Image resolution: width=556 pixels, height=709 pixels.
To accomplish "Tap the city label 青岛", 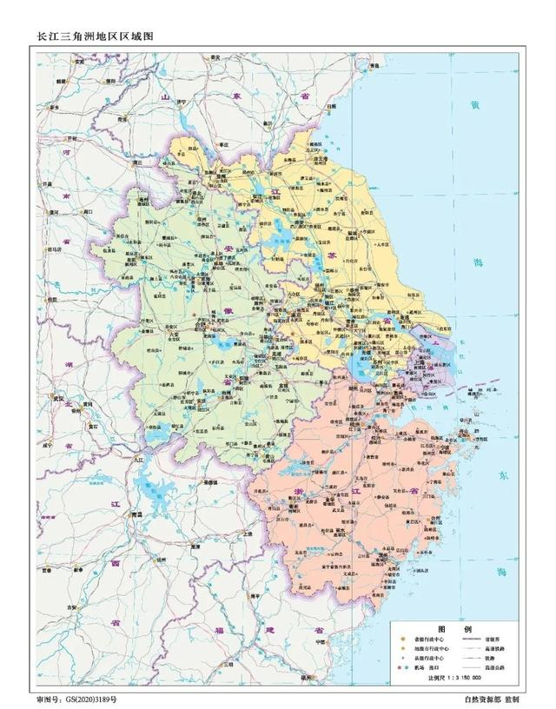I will (x=376, y=66).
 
